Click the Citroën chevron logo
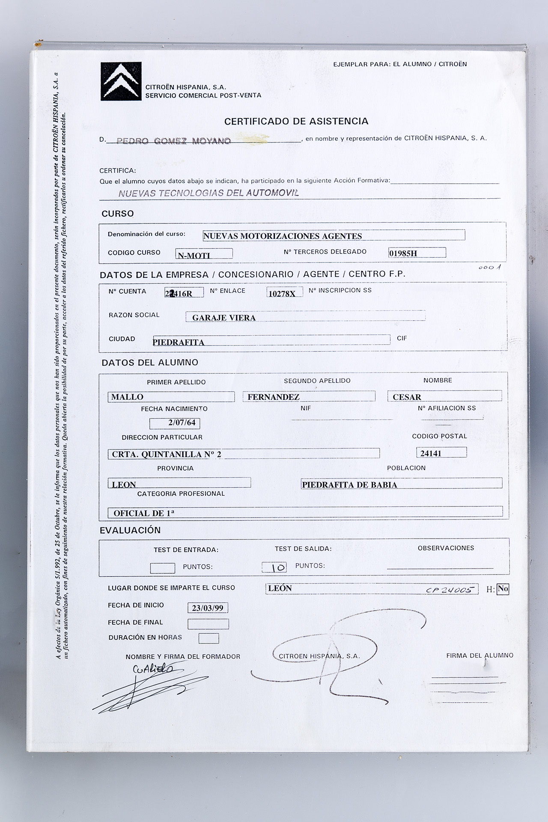121,81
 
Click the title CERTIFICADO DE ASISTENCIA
296,121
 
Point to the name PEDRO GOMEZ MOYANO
174,141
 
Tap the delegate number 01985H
403,253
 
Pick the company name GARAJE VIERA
224,318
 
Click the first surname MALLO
127,397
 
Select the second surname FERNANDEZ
274,397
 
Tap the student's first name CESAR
407,397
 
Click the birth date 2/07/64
182,423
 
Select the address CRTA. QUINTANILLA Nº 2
167,454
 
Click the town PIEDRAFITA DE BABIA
349,485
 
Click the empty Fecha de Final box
208,624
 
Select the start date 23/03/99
208,608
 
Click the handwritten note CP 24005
450,590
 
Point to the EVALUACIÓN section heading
130,530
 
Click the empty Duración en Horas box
208,638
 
